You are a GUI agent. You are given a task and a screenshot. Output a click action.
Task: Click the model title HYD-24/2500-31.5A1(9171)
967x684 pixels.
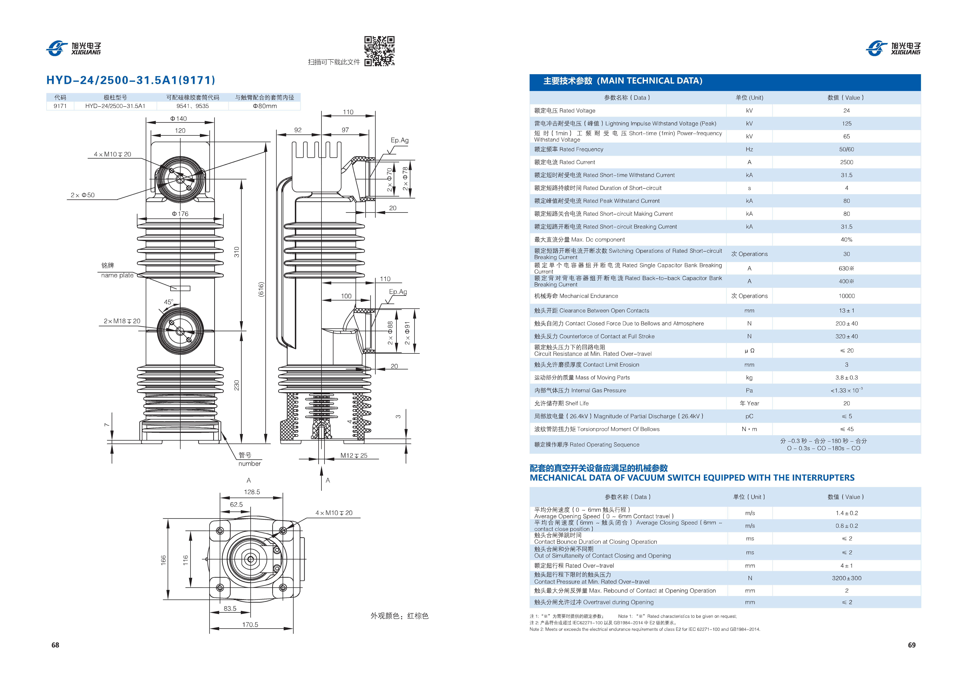point(131,80)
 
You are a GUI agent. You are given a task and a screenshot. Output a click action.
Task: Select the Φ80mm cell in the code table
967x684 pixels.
point(265,106)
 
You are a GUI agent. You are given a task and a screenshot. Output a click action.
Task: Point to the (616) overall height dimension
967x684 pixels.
point(261,289)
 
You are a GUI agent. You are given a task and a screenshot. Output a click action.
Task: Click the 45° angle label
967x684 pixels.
point(168,302)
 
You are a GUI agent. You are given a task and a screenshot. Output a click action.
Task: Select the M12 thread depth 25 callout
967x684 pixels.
point(354,456)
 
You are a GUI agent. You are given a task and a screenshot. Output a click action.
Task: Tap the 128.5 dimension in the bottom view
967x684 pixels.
point(252,492)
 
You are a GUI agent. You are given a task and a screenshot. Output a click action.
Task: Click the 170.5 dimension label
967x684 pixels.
point(250,625)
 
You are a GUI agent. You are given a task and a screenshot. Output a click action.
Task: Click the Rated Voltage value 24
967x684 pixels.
point(847,110)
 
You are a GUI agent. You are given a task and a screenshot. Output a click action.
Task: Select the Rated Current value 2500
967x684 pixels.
point(847,162)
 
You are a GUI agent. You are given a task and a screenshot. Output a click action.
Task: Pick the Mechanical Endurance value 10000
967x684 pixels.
point(847,296)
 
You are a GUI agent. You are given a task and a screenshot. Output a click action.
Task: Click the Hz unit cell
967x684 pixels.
point(749,149)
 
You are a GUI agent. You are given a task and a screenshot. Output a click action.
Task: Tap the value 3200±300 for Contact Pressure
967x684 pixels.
point(847,578)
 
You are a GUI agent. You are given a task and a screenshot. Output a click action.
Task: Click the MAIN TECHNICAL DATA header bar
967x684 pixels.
point(725,82)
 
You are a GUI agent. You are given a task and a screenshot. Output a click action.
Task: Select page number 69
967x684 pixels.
point(912,645)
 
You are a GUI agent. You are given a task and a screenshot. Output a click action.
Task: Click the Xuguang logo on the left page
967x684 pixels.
point(74,48)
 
